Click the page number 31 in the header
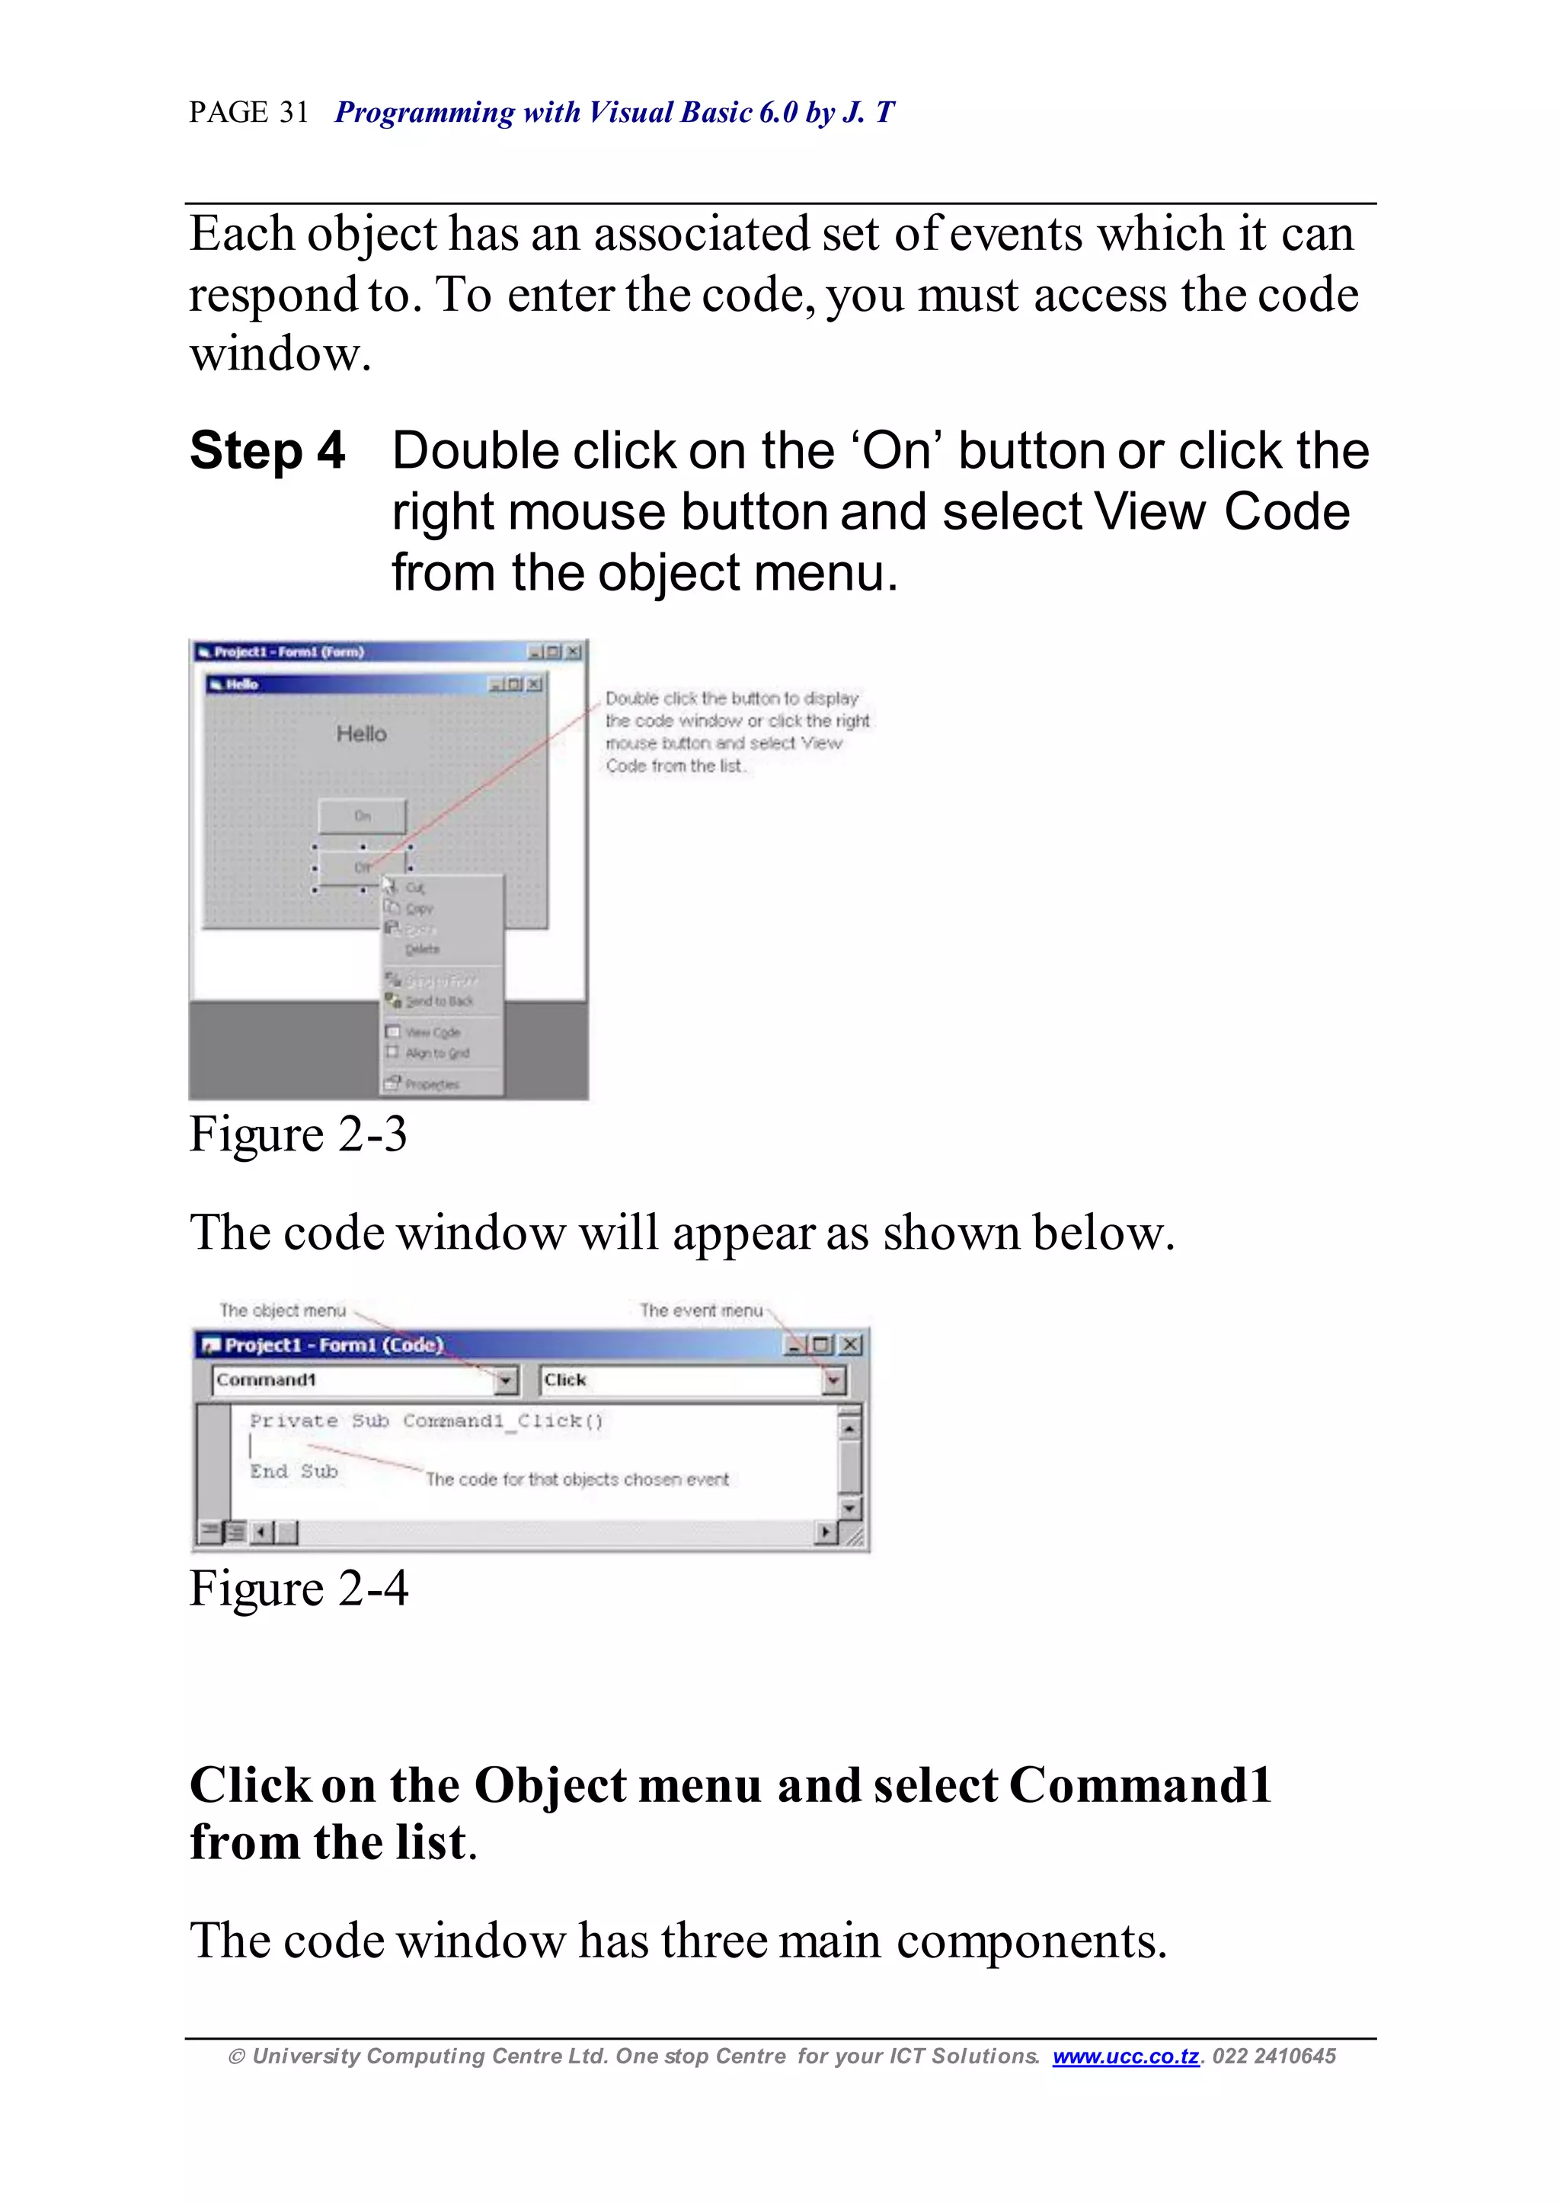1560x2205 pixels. coord(293,113)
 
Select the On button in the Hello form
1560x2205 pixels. coord(362,816)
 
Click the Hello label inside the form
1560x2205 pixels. coord(361,734)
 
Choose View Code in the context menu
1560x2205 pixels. coord(431,1032)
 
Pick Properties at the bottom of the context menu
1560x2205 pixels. coord(431,1083)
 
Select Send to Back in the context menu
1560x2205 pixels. coord(438,1001)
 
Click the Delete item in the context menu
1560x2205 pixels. coord(422,949)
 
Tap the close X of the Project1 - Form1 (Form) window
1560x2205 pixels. coord(574,652)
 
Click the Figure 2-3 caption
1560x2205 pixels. coord(298,1134)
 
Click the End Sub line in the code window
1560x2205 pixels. coord(294,1471)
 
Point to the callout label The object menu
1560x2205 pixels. coord(283,1311)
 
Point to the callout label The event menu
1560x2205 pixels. coord(702,1311)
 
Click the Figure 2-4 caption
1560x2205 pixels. coord(298,1587)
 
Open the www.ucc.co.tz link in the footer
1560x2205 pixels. coord(1126,2056)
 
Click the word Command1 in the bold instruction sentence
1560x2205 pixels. coord(1140,1785)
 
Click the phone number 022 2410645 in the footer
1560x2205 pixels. coord(1274,2056)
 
